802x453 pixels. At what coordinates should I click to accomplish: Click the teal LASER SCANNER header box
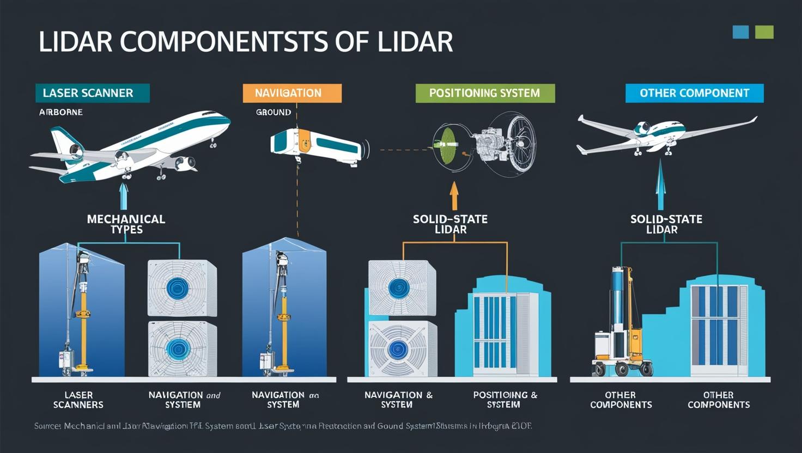point(92,93)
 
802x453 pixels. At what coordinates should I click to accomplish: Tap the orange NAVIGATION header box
point(292,93)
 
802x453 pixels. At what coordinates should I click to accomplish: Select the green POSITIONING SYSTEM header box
point(485,93)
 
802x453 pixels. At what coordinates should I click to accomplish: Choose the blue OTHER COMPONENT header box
point(694,93)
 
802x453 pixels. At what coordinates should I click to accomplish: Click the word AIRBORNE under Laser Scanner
point(61,112)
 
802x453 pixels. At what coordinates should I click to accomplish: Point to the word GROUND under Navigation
point(274,112)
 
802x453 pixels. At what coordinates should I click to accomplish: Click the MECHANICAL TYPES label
point(126,224)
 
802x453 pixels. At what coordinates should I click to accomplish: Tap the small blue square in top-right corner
point(740,32)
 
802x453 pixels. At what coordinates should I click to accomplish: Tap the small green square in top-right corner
point(764,32)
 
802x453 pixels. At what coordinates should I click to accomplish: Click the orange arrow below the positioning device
point(454,195)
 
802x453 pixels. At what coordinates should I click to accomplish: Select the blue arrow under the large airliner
point(124,197)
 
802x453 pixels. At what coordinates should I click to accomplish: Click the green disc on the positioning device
point(446,145)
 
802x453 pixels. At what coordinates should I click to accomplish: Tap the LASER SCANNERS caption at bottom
point(78,400)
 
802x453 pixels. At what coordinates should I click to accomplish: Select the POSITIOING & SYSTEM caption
point(505,400)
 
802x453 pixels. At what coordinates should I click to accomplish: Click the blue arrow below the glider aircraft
point(661,185)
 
